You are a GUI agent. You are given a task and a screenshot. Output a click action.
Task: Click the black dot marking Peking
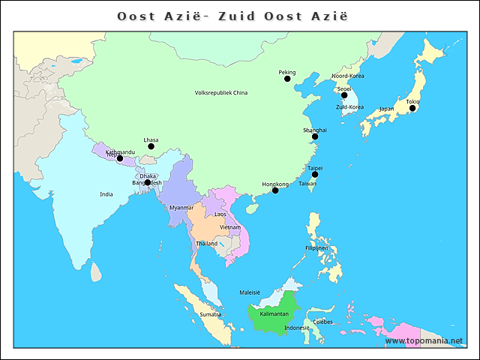tap(286, 79)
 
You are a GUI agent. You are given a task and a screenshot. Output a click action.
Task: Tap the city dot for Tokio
tap(412, 108)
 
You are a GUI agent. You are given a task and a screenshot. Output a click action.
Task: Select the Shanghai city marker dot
tap(315, 136)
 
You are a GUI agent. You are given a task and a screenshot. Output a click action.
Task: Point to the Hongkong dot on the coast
tap(275, 190)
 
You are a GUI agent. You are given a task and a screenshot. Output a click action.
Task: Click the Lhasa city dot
tap(151, 146)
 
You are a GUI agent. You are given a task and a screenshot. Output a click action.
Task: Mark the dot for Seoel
tap(344, 95)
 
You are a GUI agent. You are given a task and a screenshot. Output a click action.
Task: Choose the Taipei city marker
tap(315, 175)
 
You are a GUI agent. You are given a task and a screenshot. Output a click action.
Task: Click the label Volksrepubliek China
tap(220, 93)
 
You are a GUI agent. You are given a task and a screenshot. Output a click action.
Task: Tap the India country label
tap(106, 194)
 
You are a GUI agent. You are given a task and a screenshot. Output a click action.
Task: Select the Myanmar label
tap(181, 208)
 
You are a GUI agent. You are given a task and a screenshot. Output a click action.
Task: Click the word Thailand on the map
tap(206, 244)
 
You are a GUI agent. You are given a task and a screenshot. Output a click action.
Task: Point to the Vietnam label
tap(229, 227)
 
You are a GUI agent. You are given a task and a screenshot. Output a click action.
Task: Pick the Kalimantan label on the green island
tap(274, 313)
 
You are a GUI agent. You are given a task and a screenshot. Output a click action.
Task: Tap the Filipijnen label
tap(316, 248)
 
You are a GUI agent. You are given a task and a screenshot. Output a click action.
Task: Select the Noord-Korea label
tap(348, 76)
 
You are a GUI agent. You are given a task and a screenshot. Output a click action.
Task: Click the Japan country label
tap(386, 109)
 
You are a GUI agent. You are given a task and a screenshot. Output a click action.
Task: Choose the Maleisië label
tap(249, 292)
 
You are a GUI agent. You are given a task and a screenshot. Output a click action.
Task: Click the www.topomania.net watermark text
tap(424, 340)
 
